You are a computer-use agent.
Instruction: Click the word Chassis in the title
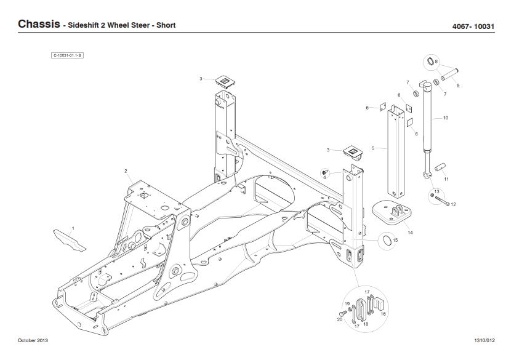(x=38, y=25)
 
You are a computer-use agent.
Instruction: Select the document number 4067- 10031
(x=473, y=26)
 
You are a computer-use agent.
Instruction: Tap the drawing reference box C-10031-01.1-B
(x=67, y=56)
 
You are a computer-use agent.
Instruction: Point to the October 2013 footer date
(x=33, y=340)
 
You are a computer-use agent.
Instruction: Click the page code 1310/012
(x=484, y=340)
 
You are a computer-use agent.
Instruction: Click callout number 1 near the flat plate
(x=73, y=228)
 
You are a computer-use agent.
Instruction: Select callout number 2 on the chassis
(x=126, y=171)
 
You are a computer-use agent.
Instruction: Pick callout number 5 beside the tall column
(x=373, y=148)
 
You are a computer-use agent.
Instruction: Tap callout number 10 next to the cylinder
(x=446, y=117)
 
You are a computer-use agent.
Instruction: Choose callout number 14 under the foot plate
(x=410, y=232)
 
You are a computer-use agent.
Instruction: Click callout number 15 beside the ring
(x=395, y=240)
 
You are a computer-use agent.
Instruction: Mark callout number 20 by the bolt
(x=339, y=319)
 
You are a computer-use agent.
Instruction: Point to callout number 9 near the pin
(x=458, y=85)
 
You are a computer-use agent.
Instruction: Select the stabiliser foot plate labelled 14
(x=392, y=211)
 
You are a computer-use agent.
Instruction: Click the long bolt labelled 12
(x=442, y=203)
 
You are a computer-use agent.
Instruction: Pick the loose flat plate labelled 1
(x=68, y=239)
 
